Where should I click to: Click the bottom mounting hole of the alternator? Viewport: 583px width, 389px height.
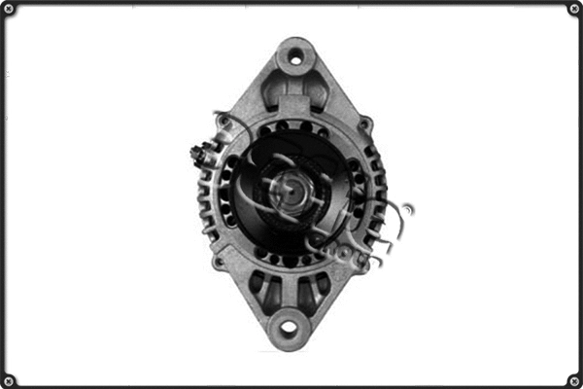[289, 328]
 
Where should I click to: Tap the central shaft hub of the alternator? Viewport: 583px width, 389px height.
[287, 188]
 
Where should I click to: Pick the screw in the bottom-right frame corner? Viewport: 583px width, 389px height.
[572, 378]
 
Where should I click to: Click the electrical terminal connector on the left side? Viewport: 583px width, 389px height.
[200, 155]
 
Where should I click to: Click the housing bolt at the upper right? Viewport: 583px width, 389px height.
[364, 124]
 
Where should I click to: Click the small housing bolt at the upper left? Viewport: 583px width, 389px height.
[223, 121]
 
